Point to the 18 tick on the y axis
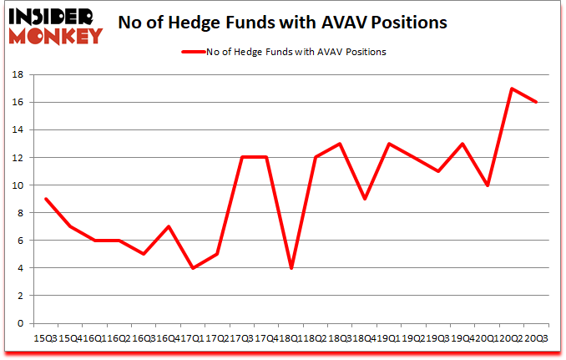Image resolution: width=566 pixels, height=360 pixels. [x=16, y=75]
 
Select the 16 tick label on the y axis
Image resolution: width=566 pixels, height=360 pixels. [x=16, y=103]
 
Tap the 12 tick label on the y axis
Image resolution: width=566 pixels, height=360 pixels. [x=16, y=158]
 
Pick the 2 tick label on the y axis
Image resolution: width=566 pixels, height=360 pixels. [x=19, y=296]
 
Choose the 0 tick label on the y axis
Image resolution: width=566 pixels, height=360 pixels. [x=19, y=323]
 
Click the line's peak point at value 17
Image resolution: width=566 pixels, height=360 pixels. [x=512, y=89]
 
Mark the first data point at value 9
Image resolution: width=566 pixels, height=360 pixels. [x=45, y=199]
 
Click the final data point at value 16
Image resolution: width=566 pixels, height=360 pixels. [x=536, y=103]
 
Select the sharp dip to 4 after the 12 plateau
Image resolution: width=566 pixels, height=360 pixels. [x=291, y=268]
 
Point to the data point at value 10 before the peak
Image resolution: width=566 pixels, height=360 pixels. [x=488, y=185]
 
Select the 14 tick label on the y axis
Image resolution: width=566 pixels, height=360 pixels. [x=16, y=130]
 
